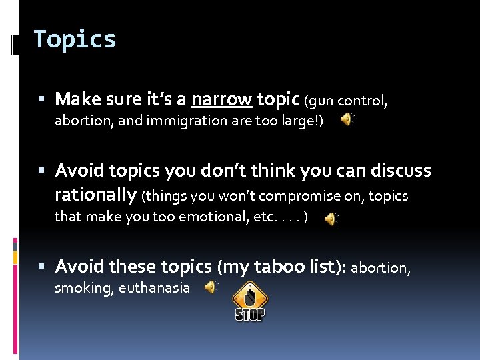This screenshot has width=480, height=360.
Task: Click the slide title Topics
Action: click(75, 39)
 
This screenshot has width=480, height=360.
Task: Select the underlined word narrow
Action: click(221, 100)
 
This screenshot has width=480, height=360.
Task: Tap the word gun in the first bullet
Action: click(322, 101)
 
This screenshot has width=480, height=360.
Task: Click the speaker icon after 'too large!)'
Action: click(347, 119)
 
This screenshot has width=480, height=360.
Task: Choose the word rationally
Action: click(95, 195)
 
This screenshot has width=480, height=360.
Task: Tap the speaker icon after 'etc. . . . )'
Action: click(331, 219)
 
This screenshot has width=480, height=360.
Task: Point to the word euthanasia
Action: click(154, 288)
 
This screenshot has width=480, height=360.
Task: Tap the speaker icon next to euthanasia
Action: click(211, 287)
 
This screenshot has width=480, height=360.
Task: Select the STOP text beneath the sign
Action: click(250, 314)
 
